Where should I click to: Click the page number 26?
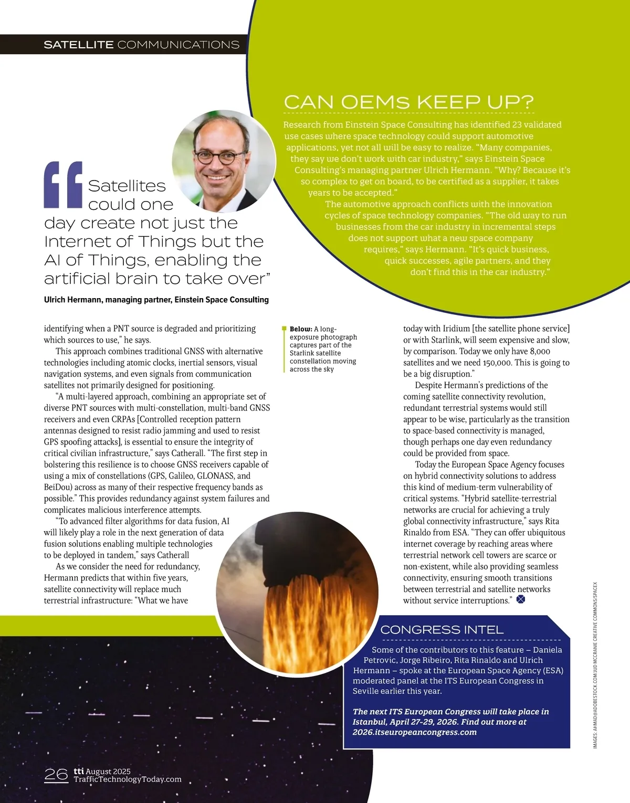coord(56,775)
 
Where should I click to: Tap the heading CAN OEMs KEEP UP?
coord(408,102)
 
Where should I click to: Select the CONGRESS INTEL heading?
coord(442,629)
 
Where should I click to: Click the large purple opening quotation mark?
coord(64,184)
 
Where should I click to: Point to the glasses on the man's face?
coord(220,156)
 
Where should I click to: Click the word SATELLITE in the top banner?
coord(79,45)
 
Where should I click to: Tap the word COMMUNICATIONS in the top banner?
coord(178,45)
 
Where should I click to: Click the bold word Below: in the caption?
coord(301,329)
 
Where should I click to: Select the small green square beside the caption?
coord(284,329)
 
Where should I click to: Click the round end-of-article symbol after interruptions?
coord(521,599)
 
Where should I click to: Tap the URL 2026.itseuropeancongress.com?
coord(415,732)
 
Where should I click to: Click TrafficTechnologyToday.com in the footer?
coord(128,779)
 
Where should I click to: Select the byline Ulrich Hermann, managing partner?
coord(156,300)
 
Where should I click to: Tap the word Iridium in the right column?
coord(456,329)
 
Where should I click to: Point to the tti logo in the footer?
coord(79,770)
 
